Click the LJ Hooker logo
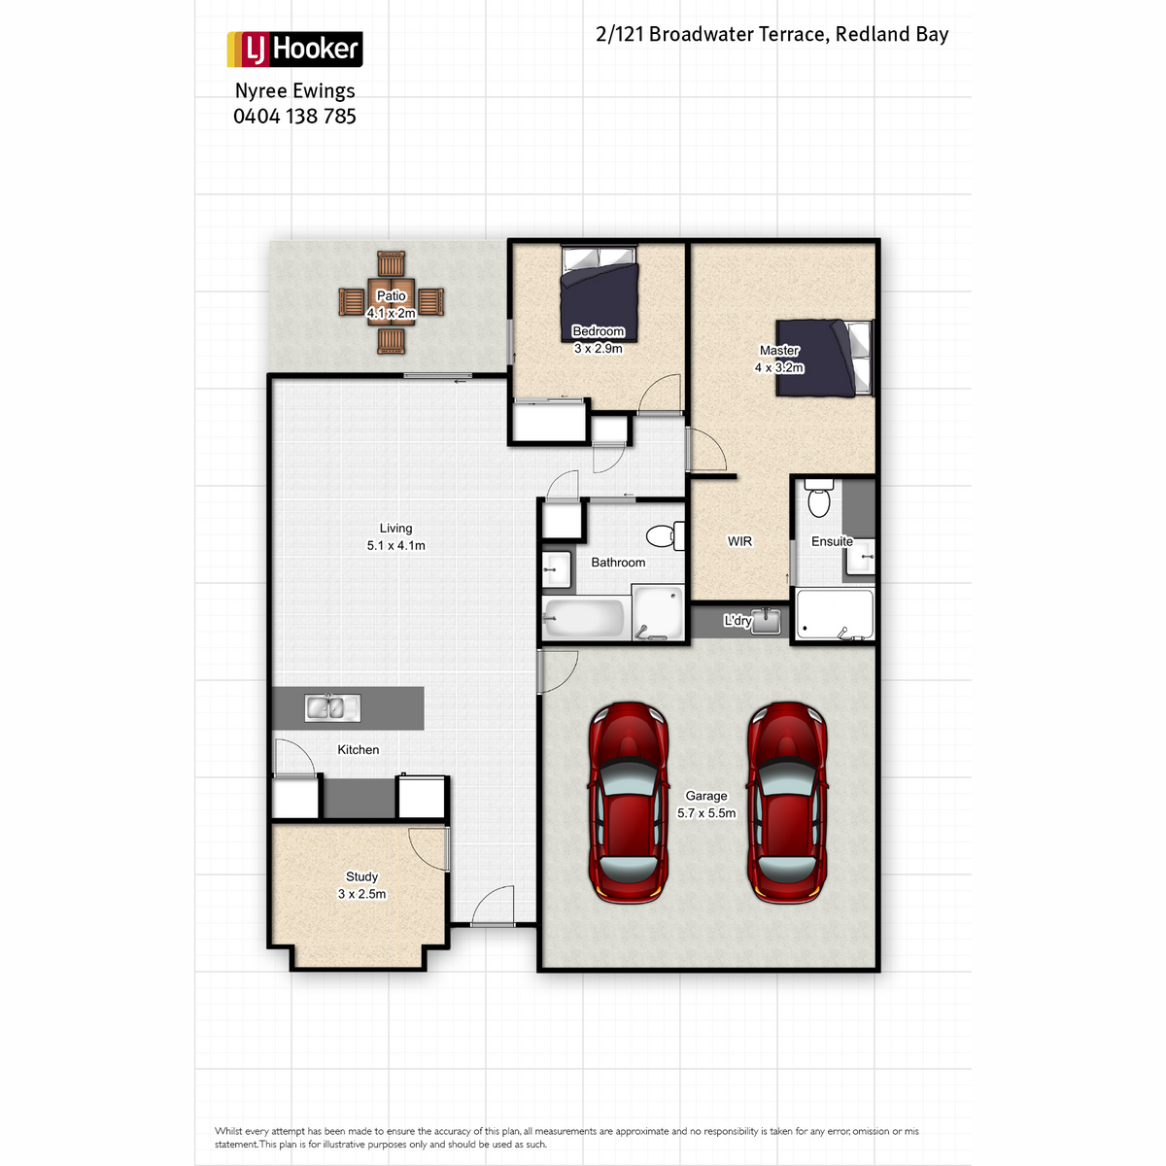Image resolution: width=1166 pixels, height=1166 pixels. click(x=294, y=49)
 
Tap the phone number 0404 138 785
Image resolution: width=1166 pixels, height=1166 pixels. click(x=294, y=117)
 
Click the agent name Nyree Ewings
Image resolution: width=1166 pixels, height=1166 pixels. click(x=294, y=91)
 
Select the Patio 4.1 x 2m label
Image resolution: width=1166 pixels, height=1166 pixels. click(x=391, y=304)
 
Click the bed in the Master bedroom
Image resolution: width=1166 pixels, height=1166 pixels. click(x=825, y=359)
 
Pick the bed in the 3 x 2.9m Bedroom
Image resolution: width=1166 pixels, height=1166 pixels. click(x=600, y=292)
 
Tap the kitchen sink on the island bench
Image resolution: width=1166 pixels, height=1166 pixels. click(x=332, y=707)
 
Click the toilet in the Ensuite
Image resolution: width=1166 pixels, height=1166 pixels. click(x=819, y=497)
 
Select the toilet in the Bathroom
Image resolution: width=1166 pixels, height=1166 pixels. click(x=665, y=535)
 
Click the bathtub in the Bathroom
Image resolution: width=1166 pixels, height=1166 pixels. click(x=585, y=617)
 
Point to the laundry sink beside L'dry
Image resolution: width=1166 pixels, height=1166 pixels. click(x=766, y=621)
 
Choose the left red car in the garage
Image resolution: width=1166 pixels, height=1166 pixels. click(x=628, y=802)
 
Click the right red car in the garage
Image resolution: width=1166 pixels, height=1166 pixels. click(x=787, y=802)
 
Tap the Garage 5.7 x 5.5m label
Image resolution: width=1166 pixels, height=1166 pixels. click(x=706, y=805)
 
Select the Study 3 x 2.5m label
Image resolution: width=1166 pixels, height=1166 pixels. click(x=361, y=885)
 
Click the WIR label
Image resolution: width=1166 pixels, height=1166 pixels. click(x=739, y=541)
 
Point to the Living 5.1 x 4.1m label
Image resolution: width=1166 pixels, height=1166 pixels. click(x=395, y=536)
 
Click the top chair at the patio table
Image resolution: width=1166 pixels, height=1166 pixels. click(x=391, y=264)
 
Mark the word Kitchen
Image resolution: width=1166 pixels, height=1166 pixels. click(x=359, y=750)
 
